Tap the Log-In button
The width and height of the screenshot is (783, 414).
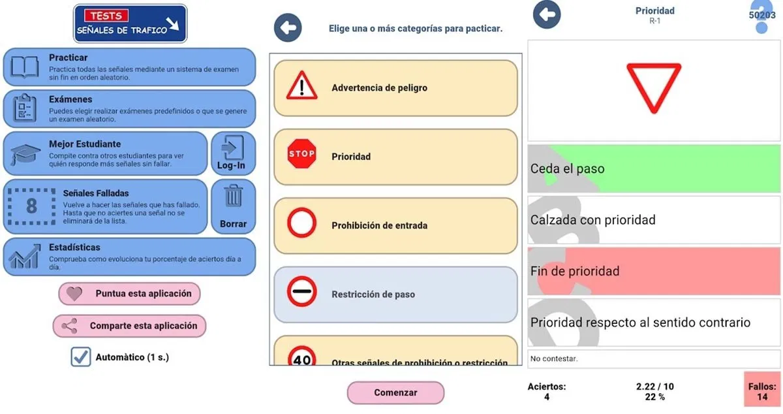click(232, 153)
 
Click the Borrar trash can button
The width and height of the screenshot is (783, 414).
click(233, 206)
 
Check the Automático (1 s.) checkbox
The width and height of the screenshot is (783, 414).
click(81, 357)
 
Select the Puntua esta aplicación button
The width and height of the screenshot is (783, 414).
click(129, 294)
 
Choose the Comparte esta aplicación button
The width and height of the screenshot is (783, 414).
click(129, 326)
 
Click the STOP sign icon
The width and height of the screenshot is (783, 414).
click(301, 154)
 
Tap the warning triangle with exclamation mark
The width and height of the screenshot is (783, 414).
click(301, 87)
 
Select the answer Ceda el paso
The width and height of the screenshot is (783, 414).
click(653, 168)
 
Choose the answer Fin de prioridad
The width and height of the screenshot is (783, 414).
click(653, 271)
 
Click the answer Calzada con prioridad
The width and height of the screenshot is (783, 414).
click(653, 220)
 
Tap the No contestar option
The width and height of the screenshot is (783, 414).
click(653, 358)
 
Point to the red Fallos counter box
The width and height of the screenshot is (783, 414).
click(761, 391)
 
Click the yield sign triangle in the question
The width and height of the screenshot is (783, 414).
click(653, 88)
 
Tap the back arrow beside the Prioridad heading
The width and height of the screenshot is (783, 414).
click(547, 14)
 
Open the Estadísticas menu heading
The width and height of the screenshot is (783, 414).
click(74, 247)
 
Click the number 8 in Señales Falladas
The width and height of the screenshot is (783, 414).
click(31, 206)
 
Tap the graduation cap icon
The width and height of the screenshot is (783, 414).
click(25, 155)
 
